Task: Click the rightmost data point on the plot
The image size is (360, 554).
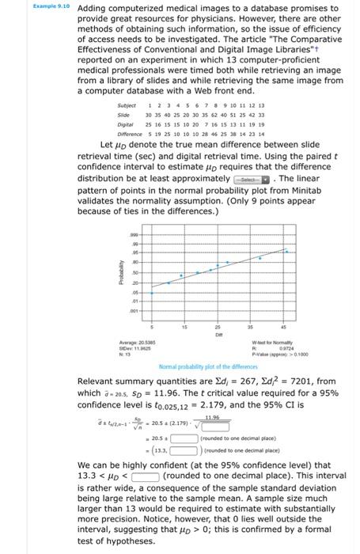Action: pos(286,252)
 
